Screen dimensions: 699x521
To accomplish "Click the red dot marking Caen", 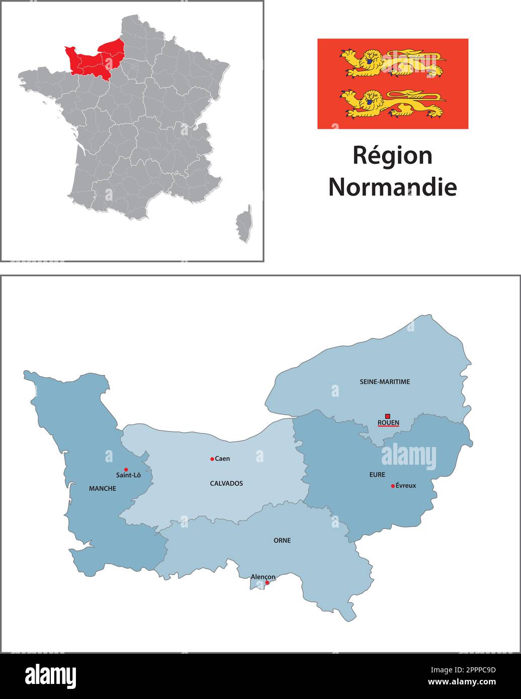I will pos(212,459).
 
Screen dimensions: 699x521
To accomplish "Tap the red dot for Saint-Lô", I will pos(126,470).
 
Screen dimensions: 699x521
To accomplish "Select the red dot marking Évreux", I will pos(393,486).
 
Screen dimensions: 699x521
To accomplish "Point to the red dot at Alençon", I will pos(267,583).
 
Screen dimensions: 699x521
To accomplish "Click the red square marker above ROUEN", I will pos(388,416).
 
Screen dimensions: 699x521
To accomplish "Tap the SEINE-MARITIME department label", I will pos(385,382).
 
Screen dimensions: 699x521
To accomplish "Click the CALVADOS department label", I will pos(226,483).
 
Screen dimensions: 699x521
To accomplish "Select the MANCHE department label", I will pos(102,488).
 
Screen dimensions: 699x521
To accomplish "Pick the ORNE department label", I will pos(282,541).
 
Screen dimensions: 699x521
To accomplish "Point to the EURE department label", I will pos(377,474).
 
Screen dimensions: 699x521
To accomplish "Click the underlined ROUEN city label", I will pos(388,423).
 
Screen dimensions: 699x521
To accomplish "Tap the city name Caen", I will pos(222,459).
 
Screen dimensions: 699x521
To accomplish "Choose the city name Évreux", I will pos(406,486).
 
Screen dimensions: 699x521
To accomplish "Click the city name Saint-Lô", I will pos(128,475).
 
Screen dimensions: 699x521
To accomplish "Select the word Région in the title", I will pos(392,155).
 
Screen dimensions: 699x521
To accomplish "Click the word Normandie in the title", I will pos(392,187).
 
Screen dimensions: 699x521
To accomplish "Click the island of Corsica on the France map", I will pos(245,224).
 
